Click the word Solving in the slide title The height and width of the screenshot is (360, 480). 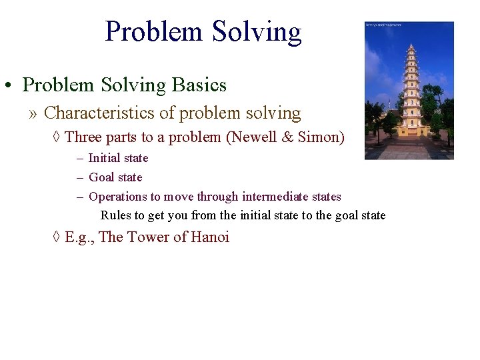[x=257, y=31]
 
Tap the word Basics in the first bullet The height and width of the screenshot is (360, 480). [x=199, y=85]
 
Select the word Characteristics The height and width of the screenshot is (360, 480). [x=104, y=113]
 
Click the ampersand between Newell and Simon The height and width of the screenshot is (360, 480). [x=291, y=137]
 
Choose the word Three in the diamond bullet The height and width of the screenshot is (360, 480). [x=83, y=137]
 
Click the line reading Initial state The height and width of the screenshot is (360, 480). [x=118, y=158]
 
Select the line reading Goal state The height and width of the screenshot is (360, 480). [x=115, y=177]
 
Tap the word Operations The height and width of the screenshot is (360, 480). [x=118, y=197]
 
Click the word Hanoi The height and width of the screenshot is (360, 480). [x=210, y=237]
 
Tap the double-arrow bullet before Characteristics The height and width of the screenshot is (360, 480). [x=33, y=114]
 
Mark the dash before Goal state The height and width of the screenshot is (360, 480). [x=79, y=177]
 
